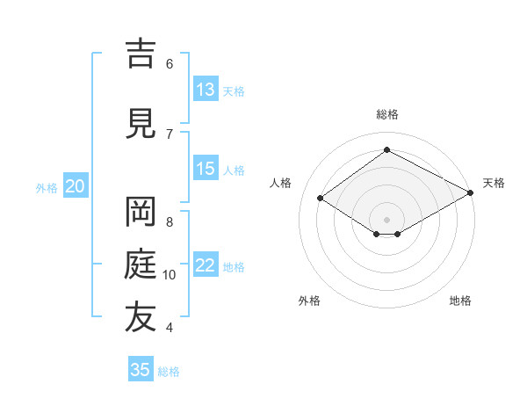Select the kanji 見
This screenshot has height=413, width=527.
coord(141,124)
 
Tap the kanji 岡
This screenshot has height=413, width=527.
coord(141,212)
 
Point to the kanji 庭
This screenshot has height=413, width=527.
coord(141,264)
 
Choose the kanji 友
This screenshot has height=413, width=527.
coord(141,317)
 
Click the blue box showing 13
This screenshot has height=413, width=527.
coord(206,90)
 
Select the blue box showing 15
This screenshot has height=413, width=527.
coord(206,169)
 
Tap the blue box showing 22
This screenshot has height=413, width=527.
coord(206,265)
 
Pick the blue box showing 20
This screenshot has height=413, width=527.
coord(76,186)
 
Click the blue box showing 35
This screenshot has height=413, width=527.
coord(141,370)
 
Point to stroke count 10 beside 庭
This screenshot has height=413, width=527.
coord(170,275)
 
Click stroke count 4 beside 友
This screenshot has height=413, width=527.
coord(169,328)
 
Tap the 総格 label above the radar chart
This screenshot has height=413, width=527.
coord(387,114)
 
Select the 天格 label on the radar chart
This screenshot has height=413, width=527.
coord(494,183)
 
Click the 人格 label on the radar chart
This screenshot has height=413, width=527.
coord(281,183)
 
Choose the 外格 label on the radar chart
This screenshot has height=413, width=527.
coord(309,301)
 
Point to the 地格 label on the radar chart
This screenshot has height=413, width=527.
coord(460,301)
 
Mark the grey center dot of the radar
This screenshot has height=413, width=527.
coord(387,218)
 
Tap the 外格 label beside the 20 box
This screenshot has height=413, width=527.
coord(47,187)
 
